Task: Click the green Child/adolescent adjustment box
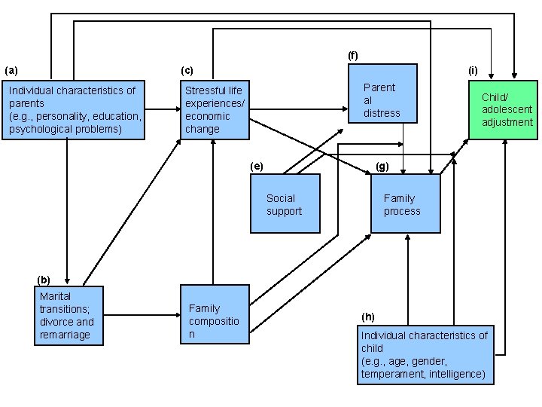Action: click(x=503, y=110)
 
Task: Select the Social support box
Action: click(x=285, y=203)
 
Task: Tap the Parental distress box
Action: click(x=382, y=93)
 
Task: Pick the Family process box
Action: click(x=406, y=203)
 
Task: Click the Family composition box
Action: click(x=215, y=314)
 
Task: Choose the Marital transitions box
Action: click(x=69, y=316)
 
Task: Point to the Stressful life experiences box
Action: click(x=215, y=110)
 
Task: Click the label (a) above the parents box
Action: click(x=11, y=71)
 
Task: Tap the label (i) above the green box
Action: click(x=473, y=71)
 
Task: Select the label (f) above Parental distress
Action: click(x=352, y=55)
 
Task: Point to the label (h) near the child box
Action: click(x=368, y=317)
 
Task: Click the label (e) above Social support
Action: click(x=257, y=167)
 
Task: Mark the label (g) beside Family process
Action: click(x=382, y=167)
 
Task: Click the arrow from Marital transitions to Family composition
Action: click(x=142, y=315)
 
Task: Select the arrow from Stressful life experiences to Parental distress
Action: click(x=299, y=109)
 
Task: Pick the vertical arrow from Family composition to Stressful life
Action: click(x=213, y=212)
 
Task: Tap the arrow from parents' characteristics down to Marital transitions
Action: click(x=67, y=212)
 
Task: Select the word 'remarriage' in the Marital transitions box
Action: click(x=65, y=335)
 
